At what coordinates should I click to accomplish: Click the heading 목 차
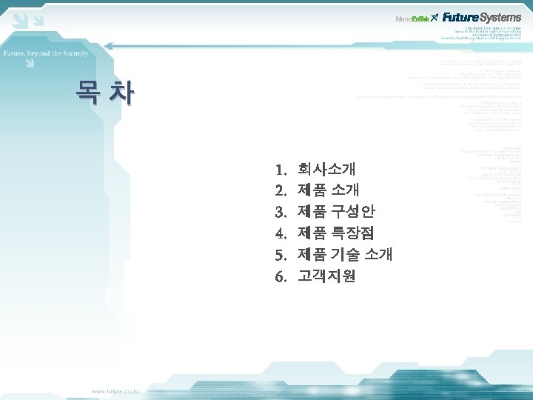(x=104, y=93)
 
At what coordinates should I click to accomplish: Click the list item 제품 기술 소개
(x=344, y=255)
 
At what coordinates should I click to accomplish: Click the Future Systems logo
(x=482, y=17)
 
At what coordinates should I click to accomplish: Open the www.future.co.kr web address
(x=119, y=390)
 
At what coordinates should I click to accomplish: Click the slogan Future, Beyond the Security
(x=46, y=53)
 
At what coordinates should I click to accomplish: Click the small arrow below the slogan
(x=28, y=64)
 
